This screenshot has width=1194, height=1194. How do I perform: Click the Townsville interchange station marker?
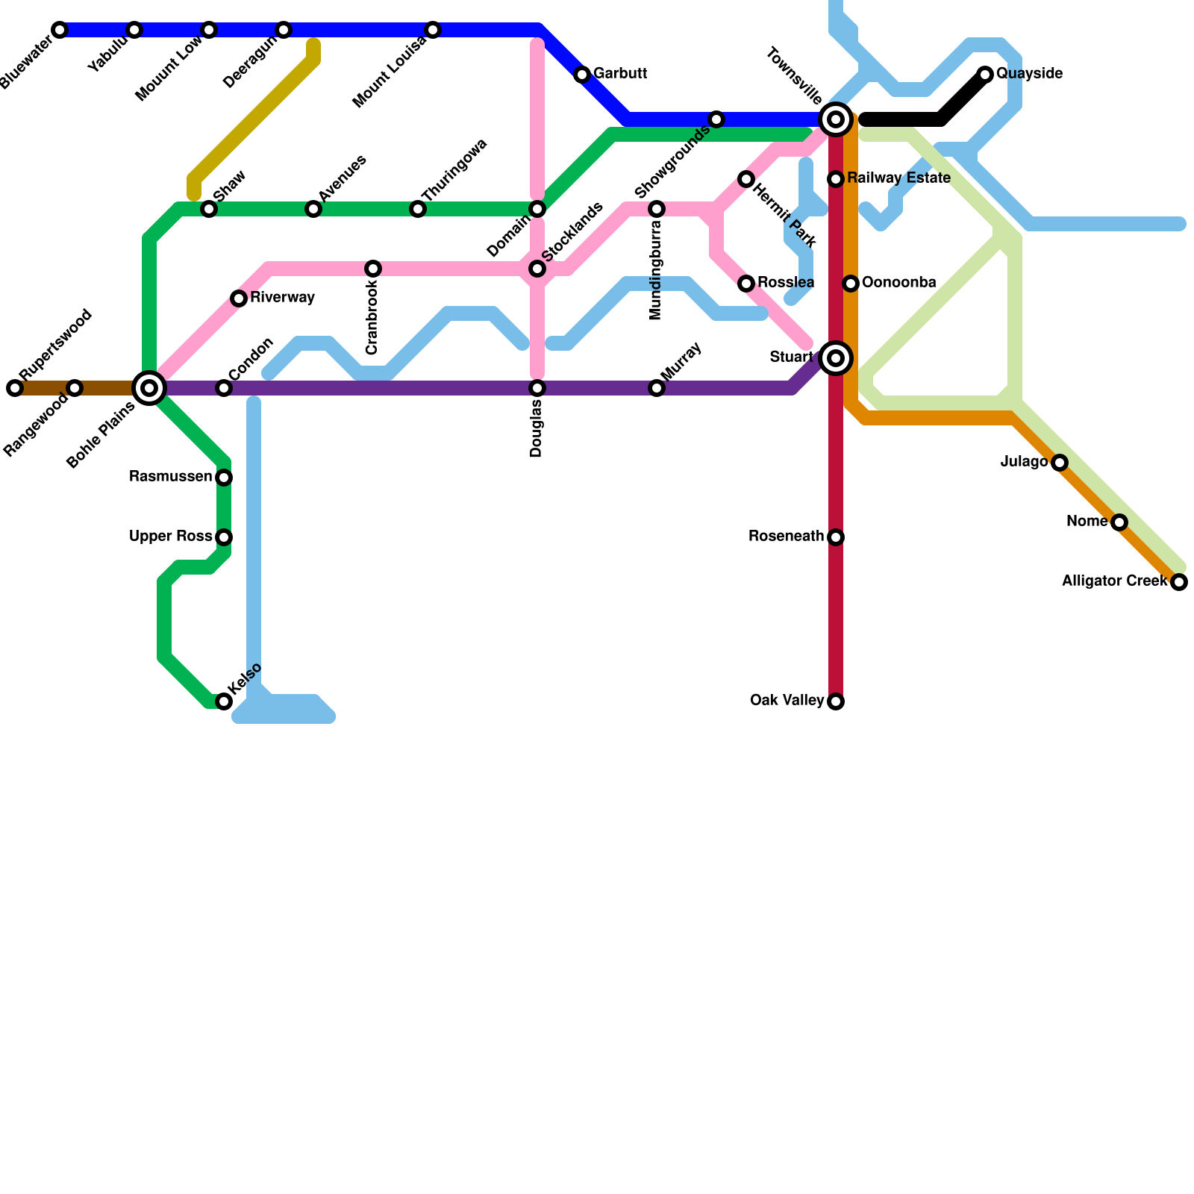836,119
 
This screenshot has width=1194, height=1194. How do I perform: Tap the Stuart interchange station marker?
836,358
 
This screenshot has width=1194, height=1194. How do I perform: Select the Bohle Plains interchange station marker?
149,388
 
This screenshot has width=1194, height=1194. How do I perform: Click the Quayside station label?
1029,74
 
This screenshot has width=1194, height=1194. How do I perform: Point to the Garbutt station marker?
582,75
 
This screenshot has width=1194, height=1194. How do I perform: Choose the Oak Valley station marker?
836,701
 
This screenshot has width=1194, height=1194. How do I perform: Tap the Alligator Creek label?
1114,581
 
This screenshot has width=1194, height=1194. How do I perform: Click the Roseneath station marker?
836,537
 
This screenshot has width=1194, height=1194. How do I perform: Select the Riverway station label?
282,298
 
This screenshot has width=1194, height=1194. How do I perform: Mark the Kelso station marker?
224,701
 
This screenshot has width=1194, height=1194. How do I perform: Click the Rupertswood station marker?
15,388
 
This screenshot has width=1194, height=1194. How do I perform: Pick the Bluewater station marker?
60,30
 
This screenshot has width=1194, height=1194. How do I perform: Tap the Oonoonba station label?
898,283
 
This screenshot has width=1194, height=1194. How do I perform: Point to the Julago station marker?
1060,463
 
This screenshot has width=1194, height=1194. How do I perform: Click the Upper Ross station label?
170,537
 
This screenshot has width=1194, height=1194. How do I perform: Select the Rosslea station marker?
746,284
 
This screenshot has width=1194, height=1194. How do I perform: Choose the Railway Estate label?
898,178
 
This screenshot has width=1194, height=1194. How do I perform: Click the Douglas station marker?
537,388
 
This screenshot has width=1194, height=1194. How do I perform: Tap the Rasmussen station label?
170,477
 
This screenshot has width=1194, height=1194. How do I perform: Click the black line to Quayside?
910,119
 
